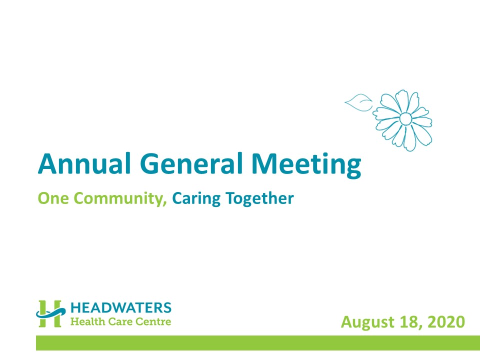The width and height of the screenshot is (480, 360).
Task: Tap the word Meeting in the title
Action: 306,165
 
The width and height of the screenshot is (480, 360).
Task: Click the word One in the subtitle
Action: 53,198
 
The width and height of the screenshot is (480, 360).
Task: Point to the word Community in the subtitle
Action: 118,199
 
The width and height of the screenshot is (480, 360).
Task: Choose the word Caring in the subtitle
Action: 196,199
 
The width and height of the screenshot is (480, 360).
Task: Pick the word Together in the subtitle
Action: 259,199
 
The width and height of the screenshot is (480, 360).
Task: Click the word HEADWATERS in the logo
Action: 121,308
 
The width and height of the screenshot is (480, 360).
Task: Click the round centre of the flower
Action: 405,119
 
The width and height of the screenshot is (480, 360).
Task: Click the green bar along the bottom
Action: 258,343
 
